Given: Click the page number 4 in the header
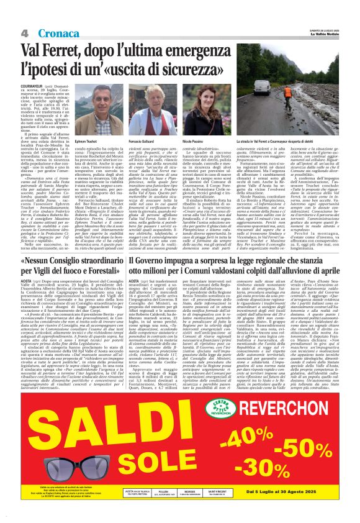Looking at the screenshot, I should click(25, 32).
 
